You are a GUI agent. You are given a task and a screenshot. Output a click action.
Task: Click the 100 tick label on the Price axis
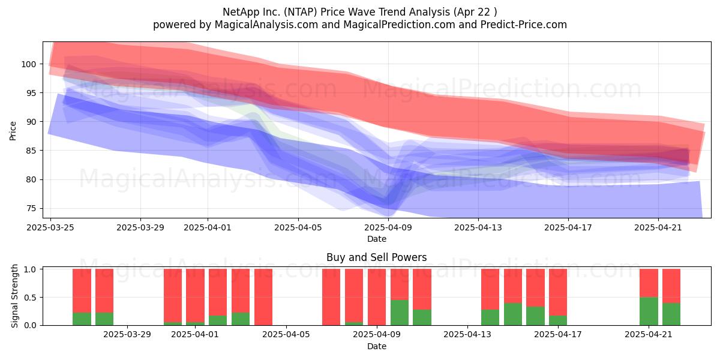tap(28, 64)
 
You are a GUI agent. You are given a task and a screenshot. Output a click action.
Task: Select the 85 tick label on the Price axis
tap(31, 151)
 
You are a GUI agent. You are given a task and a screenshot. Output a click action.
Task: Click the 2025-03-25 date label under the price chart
tap(50, 227)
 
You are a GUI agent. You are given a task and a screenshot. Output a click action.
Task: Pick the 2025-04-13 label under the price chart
tap(478, 227)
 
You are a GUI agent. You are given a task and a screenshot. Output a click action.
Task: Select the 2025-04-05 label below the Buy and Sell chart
tap(286, 335)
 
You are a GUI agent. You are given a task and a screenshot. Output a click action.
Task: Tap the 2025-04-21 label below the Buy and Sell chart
tap(649, 335)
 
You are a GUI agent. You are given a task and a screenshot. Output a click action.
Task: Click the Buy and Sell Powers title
tap(377, 257)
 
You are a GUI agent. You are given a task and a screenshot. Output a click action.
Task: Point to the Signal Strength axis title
tap(14, 296)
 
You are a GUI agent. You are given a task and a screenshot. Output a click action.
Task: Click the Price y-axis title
tap(13, 131)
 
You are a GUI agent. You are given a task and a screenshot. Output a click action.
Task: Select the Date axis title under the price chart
tap(377, 239)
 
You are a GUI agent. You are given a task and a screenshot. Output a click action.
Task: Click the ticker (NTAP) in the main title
tap(301, 12)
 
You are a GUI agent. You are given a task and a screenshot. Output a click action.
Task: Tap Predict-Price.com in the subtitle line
tap(524, 25)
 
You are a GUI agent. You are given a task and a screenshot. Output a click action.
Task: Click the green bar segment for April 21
tap(649, 311)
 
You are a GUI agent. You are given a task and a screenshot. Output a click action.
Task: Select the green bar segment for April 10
tap(400, 313)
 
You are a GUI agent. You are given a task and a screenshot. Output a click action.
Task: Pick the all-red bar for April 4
tap(263, 297)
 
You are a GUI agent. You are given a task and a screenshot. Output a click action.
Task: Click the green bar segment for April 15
tap(512, 314)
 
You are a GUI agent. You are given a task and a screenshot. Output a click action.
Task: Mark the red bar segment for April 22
tap(671, 286)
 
